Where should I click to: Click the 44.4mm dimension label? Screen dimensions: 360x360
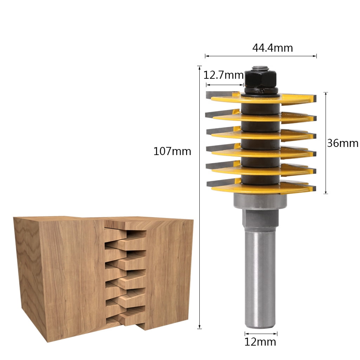click(272, 48)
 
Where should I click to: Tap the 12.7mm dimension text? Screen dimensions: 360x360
click(224, 75)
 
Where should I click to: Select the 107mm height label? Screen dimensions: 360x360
click(172, 152)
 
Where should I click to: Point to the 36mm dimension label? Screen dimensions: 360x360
click(343, 143)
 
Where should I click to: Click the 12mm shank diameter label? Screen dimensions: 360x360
click(261, 342)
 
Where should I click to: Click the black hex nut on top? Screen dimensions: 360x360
click(261, 79)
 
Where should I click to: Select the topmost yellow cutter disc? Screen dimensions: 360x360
click(260, 99)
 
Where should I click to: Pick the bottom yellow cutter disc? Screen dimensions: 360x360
click(260, 189)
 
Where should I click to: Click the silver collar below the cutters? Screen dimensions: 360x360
click(260, 201)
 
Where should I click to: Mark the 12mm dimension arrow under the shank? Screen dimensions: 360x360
click(261, 334)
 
